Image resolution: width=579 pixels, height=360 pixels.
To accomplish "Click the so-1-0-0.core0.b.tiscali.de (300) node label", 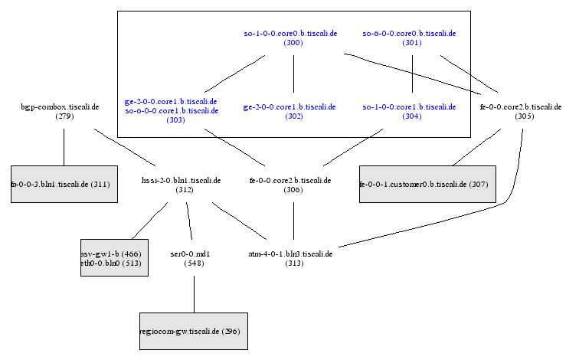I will point(291,38).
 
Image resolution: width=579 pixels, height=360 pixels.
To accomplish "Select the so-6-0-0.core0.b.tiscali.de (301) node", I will point(409,38).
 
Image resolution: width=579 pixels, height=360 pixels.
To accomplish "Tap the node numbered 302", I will point(293,111).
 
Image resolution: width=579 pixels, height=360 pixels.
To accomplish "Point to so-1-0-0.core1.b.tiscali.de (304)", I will point(410,111).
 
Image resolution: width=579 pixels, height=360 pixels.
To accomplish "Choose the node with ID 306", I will point(293,185).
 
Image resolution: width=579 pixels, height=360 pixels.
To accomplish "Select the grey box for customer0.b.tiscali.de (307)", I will point(427,185).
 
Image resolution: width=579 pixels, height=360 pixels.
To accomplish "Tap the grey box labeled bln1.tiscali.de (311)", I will point(64,185).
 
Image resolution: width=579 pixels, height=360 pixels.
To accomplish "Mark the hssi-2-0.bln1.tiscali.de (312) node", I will point(185,185).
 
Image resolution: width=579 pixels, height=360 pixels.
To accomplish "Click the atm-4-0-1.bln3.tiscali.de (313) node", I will point(293,258).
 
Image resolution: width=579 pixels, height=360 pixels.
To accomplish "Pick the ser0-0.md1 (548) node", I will point(194,258).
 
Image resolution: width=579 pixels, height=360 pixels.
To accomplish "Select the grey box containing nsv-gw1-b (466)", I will point(114,258).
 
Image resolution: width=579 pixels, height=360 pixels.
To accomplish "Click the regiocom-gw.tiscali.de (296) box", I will point(193,332).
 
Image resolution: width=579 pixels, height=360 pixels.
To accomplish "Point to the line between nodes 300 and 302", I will point(293,75).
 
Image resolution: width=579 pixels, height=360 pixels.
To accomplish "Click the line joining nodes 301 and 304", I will point(414,75).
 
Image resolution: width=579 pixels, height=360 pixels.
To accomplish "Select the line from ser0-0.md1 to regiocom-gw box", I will point(194,294).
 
